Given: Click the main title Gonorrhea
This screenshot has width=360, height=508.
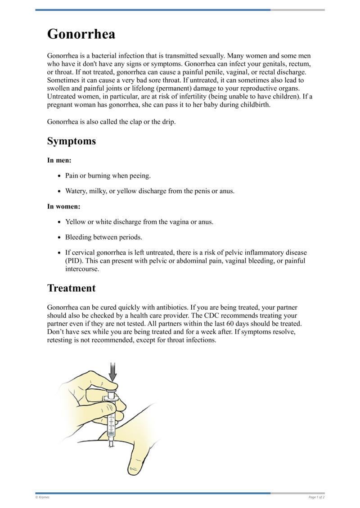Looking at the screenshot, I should click(81, 34).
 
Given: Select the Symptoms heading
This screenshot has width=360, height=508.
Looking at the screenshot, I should click(71, 141).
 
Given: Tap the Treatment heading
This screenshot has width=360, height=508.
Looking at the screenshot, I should click(71, 288).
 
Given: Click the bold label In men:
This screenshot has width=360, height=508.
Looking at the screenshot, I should click(59, 160).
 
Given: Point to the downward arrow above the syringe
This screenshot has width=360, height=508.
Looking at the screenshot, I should click(112, 371).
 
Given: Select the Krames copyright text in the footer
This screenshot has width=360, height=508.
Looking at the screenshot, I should click(43, 497).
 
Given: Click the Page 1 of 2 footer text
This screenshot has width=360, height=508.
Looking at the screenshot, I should click(316, 497).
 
